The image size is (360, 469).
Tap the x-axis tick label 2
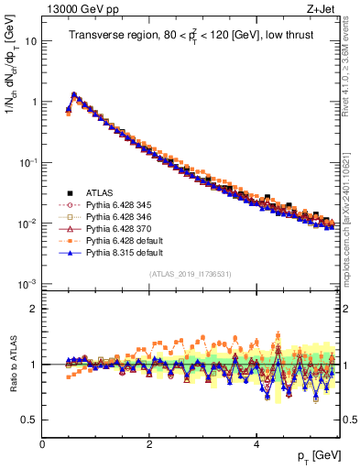tap(149, 443)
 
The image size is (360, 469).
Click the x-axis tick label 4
tap(256, 443)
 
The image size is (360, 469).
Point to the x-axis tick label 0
tap(42, 443)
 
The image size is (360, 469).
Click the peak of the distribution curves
tap(74, 93)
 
